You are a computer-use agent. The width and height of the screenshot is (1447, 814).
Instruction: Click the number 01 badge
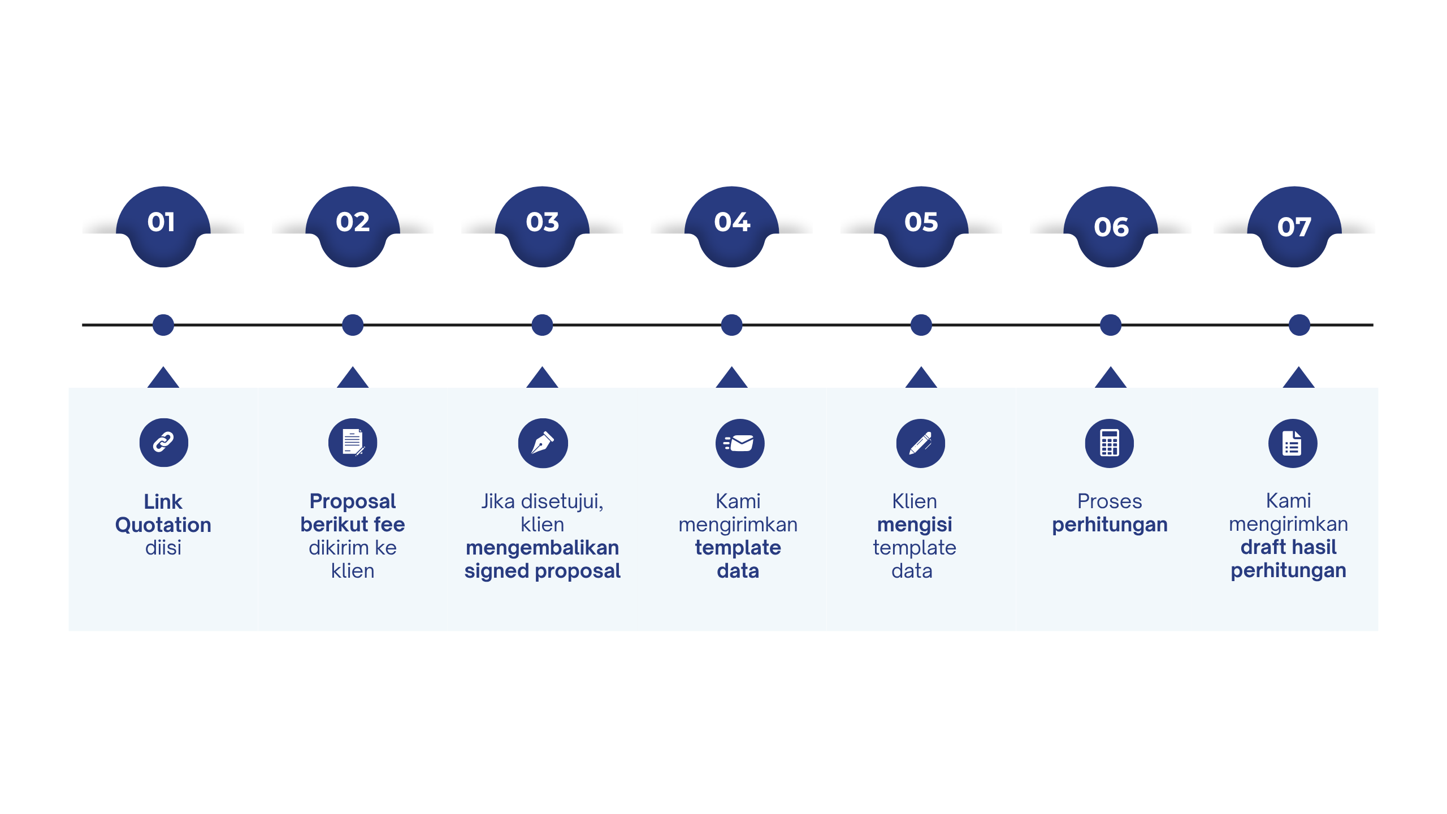[163, 226]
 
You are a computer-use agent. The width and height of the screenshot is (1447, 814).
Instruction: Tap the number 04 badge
[731, 226]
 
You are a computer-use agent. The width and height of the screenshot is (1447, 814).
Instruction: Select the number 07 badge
[1294, 226]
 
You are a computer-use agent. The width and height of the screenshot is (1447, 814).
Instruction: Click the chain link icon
[164, 443]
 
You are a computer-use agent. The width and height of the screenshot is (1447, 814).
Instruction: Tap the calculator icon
[1110, 443]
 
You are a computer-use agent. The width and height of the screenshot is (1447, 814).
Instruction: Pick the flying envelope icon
[740, 443]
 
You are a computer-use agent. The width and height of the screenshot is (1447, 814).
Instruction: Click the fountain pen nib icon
[543, 443]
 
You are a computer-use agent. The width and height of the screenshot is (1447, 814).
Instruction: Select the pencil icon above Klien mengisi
[921, 443]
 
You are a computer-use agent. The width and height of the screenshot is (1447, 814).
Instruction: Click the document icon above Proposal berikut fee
[353, 443]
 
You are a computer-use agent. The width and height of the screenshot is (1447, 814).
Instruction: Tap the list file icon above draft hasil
[1293, 443]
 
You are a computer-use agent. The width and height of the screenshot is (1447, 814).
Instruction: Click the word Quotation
[163, 525]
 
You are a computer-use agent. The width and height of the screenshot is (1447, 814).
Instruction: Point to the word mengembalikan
[543, 548]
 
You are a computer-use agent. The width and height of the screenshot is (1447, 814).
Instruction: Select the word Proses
[1110, 501]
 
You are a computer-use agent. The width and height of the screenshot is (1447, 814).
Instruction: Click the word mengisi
[915, 525]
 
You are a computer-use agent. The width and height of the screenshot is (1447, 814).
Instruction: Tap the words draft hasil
[1289, 547]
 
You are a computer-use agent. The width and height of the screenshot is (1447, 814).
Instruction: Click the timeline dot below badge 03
[542, 325]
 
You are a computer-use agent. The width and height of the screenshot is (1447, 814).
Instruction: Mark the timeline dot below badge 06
[1111, 325]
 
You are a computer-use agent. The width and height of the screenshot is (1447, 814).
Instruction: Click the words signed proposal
[543, 571]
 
